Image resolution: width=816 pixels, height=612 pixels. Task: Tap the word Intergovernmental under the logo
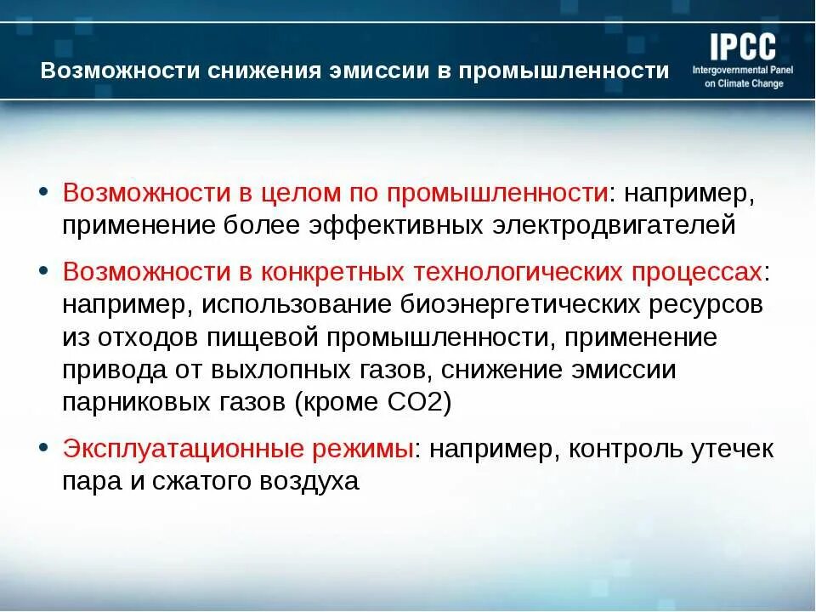click(x=730, y=70)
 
